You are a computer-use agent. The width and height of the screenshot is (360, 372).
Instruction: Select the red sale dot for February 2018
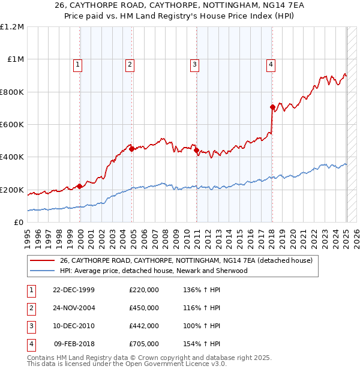click(x=272, y=107)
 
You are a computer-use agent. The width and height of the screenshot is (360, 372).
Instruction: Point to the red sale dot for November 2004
click(x=131, y=149)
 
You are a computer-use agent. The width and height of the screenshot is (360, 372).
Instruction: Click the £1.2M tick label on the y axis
click(x=12, y=27)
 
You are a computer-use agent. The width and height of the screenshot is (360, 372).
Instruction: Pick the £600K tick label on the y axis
click(x=12, y=125)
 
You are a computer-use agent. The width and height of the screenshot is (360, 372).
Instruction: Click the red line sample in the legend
click(x=42, y=261)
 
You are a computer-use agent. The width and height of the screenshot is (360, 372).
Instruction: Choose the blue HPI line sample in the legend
click(x=42, y=271)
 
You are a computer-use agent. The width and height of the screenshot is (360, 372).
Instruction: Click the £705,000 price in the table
click(x=144, y=344)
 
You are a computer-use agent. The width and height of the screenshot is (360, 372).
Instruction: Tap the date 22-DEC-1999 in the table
click(x=74, y=290)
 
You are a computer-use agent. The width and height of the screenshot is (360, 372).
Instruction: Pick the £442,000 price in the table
click(x=144, y=326)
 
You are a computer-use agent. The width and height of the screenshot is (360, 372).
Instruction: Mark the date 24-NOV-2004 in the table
click(x=74, y=308)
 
